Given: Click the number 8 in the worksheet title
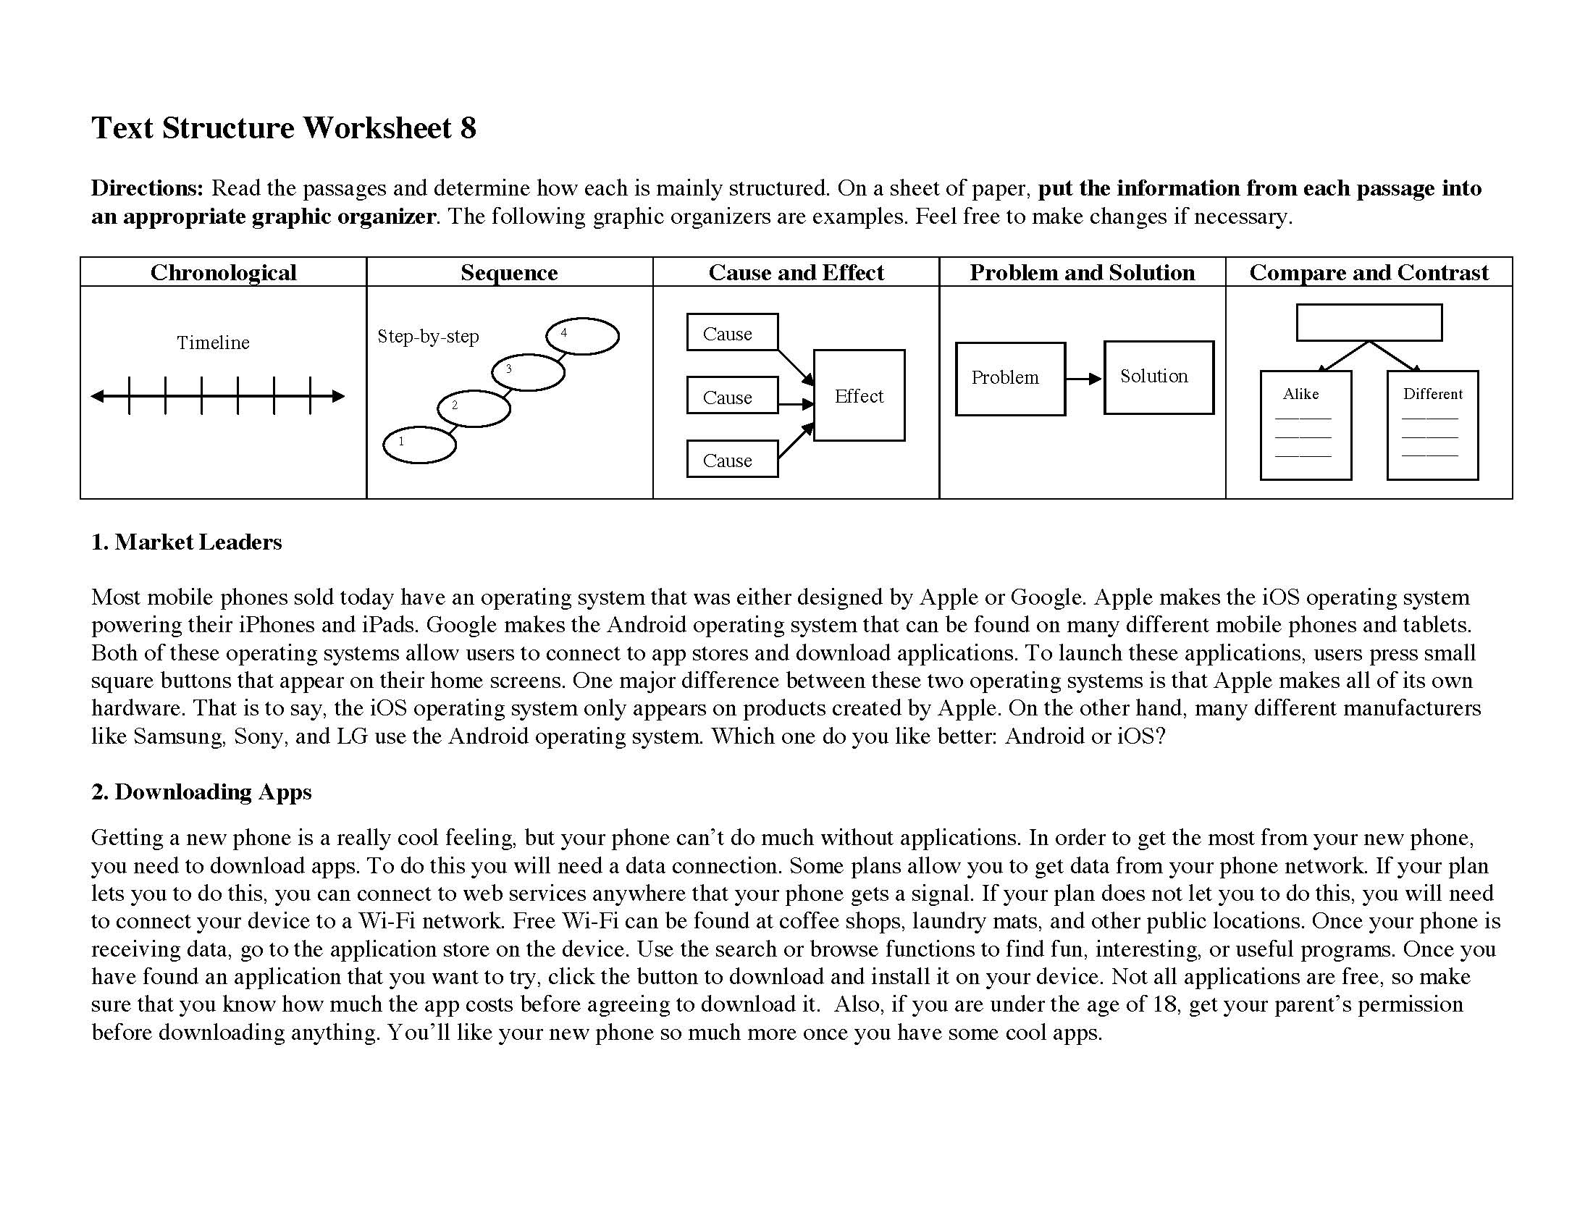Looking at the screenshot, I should (x=468, y=128).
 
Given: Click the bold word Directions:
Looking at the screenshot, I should (x=147, y=188).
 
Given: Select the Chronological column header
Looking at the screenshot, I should (x=223, y=272).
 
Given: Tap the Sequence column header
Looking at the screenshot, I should (x=509, y=272).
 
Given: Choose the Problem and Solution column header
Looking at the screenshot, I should (x=1082, y=272).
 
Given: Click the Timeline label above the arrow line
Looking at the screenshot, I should (x=213, y=343).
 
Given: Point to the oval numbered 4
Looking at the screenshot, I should (x=582, y=336).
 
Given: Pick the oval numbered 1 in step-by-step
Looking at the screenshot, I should (x=419, y=445).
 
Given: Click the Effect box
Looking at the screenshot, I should (x=859, y=395).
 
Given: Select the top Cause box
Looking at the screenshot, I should (x=731, y=332).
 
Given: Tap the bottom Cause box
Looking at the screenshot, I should (x=731, y=459).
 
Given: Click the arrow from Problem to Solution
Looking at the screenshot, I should (x=1084, y=379).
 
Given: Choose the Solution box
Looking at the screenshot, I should (x=1159, y=377).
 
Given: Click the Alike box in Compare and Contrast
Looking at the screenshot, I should (x=1305, y=424).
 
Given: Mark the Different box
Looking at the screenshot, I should (x=1432, y=424).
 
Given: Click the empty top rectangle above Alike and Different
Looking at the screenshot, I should (x=1369, y=322).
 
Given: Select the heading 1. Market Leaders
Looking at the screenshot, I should (x=187, y=542).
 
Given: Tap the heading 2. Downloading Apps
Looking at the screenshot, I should (x=201, y=791).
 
